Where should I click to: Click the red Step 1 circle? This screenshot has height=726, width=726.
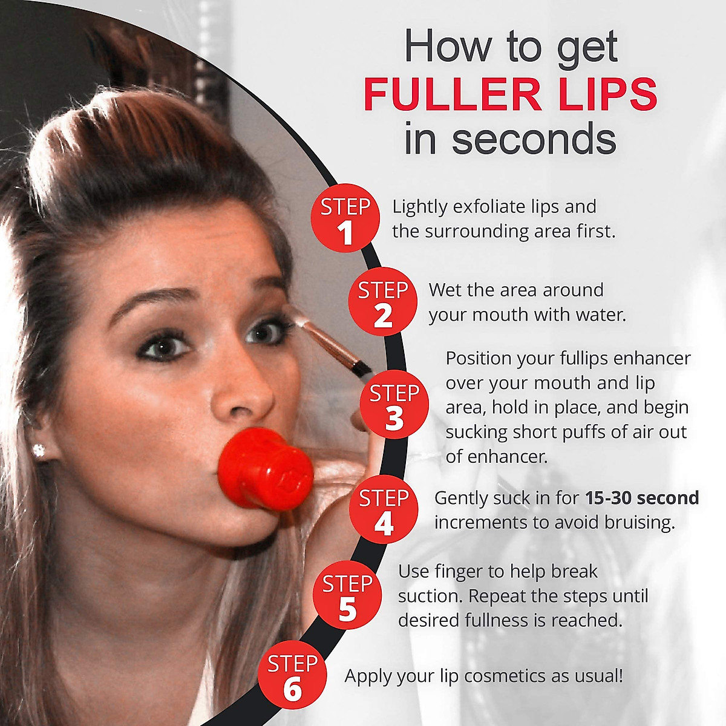(x=345, y=218)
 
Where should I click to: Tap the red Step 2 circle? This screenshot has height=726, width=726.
(x=382, y=301)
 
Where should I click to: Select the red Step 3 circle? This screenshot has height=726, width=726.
(x=394, y=404)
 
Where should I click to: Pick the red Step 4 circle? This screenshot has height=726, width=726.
(x=384, y=509)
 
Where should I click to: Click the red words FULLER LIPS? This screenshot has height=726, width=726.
(x=510, y=94)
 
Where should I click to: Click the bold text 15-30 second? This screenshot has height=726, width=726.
(x=642, y=498)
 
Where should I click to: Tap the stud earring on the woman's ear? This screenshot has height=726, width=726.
(x=40, y=450)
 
